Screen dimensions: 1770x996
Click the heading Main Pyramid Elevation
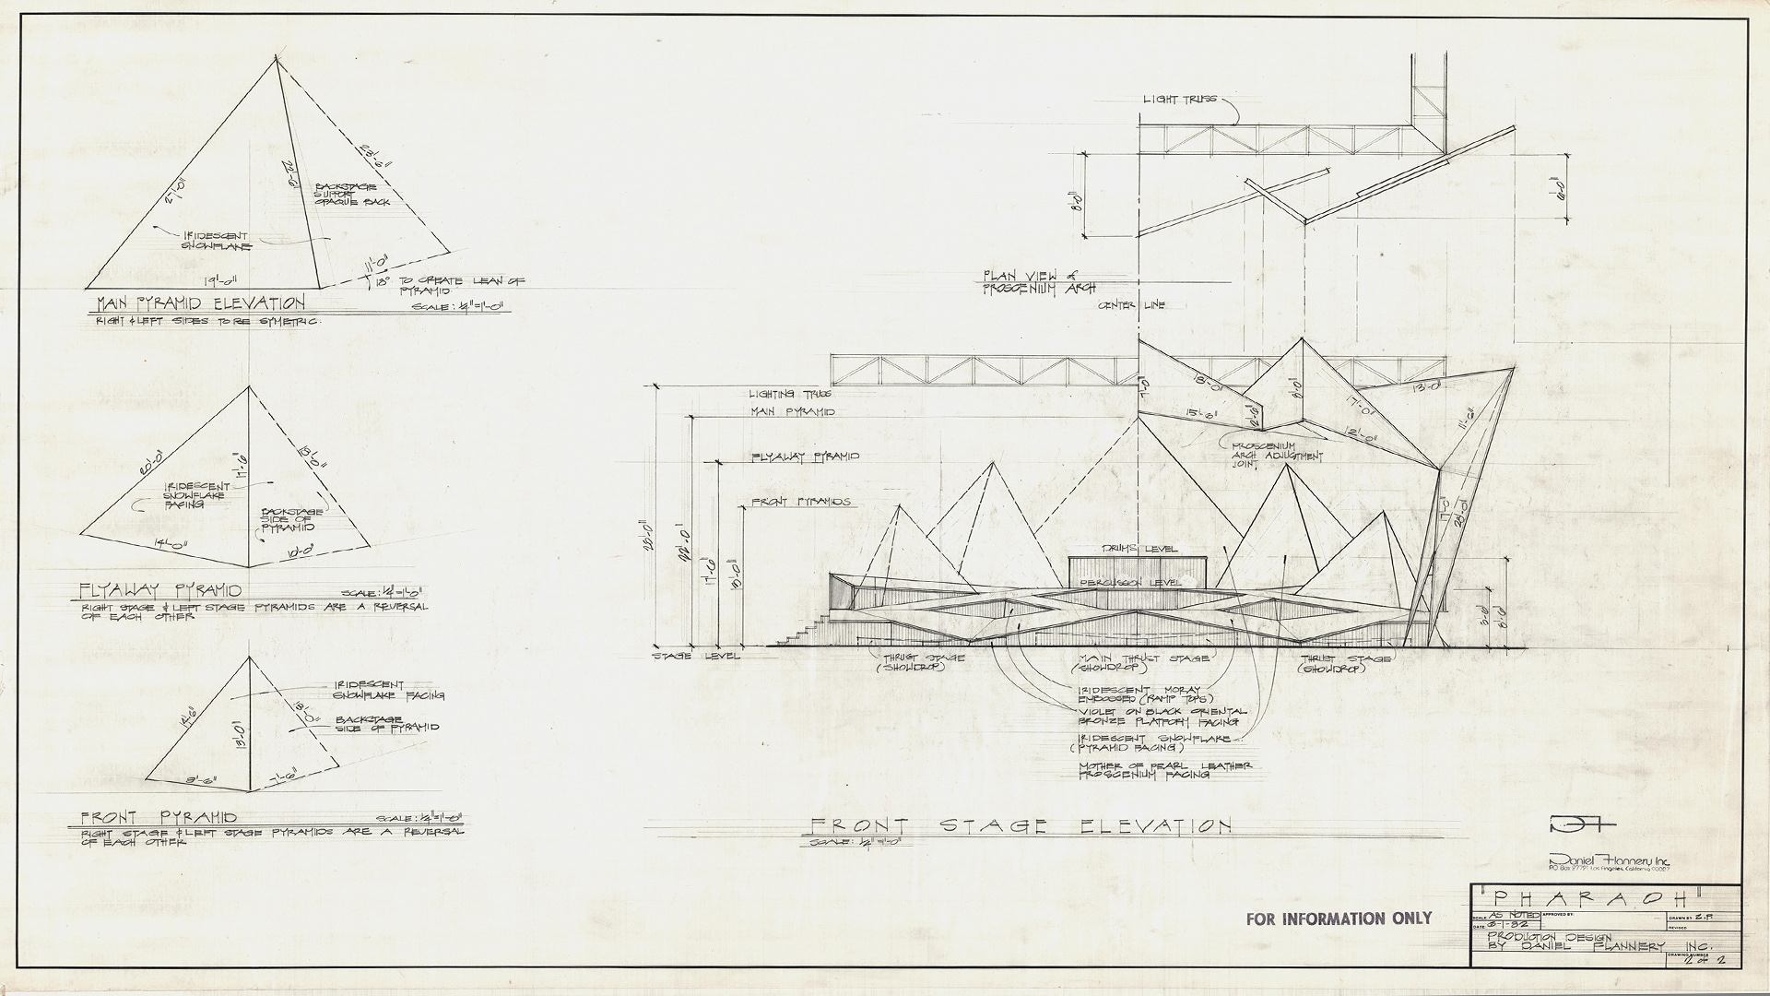coord(201,303)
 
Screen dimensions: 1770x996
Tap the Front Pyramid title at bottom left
coord(159,818)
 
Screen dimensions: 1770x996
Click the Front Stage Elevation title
coord(1019,826)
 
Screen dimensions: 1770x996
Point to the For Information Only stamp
coord(1339,919)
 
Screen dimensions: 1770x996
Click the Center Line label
coord(1131,306)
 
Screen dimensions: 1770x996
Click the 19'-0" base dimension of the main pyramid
coord(221,282)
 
